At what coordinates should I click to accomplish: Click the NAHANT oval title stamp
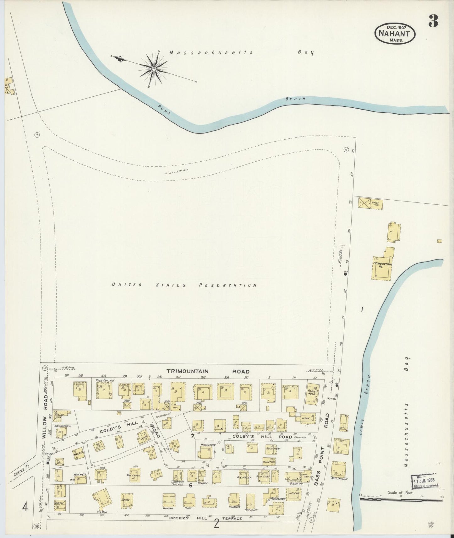[x=395, y=33]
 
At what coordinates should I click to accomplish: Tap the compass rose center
[x=154, y=68]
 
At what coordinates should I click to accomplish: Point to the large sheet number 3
[x=433, y=21]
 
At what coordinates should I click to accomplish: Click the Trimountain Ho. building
[x=382, y=266]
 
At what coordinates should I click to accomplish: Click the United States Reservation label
[x=185, y=285]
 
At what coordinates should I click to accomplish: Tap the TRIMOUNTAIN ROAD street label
[x=208, y=371]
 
